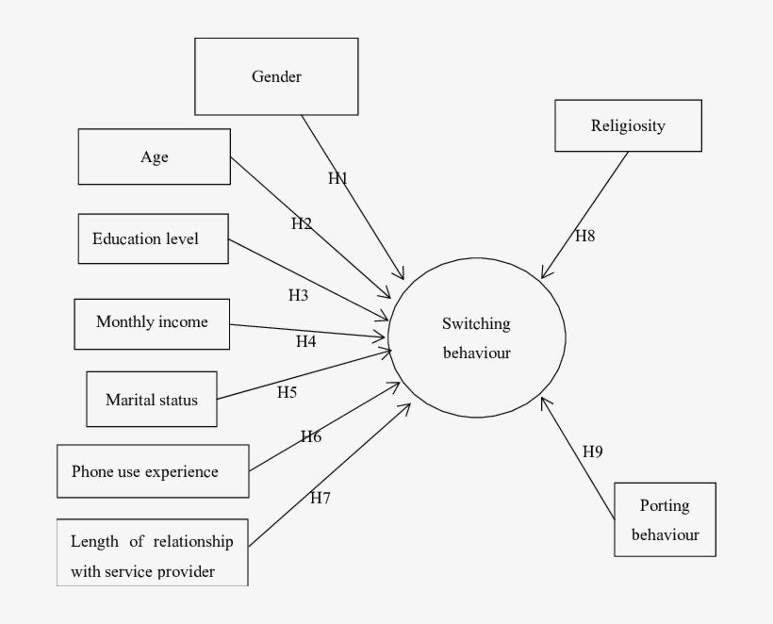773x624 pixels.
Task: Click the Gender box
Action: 276,76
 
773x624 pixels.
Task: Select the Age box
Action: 154,157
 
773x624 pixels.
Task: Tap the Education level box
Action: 152,238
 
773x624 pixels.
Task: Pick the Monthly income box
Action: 152,322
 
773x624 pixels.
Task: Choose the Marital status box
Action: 152,400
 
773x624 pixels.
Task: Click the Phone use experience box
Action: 153,471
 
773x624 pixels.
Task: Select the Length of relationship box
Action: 153,555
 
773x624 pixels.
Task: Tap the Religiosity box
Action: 628,125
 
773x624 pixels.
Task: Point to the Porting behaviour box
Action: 665,520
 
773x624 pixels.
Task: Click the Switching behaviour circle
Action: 477,338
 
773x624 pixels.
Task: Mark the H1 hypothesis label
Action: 338,179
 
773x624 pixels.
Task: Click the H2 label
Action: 301,223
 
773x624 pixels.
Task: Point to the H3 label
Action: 299,295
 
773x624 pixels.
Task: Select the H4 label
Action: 305,341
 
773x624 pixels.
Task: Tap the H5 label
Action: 288,391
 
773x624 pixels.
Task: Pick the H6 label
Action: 311,436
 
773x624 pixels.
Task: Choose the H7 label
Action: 321,497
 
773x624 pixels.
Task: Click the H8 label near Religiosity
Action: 585,236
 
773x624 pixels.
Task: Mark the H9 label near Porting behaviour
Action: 592,452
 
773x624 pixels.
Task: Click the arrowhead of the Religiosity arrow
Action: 544,275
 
